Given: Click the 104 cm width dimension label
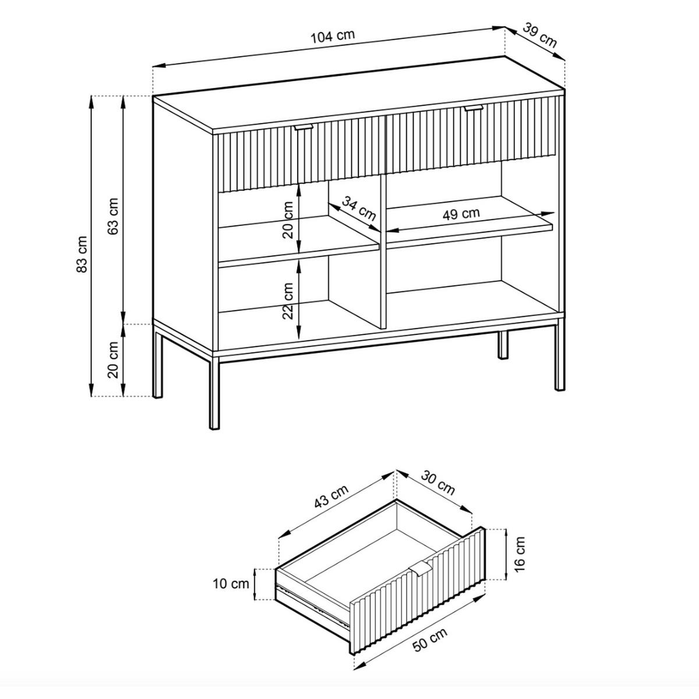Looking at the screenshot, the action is (333, 37).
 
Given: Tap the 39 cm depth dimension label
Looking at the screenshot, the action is (539, 35).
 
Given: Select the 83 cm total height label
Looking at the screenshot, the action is (82, 254).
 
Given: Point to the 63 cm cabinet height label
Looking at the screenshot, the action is (113, 216).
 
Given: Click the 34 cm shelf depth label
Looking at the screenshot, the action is (358, 208).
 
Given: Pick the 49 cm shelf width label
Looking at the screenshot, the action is (461, 214).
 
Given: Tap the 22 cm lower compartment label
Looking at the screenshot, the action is (288, 301).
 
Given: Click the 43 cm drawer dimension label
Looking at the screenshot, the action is (331, 496).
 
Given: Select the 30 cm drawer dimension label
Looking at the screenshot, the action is (437, 483).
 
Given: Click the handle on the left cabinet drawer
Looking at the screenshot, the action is (303, 128).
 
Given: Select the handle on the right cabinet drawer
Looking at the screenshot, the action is (474, 108).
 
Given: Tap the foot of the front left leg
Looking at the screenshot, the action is (214, 428).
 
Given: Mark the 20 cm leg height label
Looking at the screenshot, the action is (113, 359).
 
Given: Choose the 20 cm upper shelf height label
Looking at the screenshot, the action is (288, 220).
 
